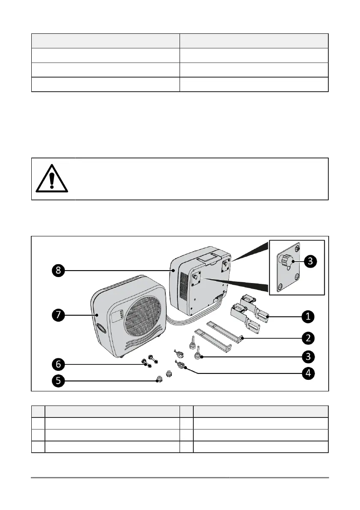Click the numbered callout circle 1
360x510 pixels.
(307, 317)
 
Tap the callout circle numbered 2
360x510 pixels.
(307, 338)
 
